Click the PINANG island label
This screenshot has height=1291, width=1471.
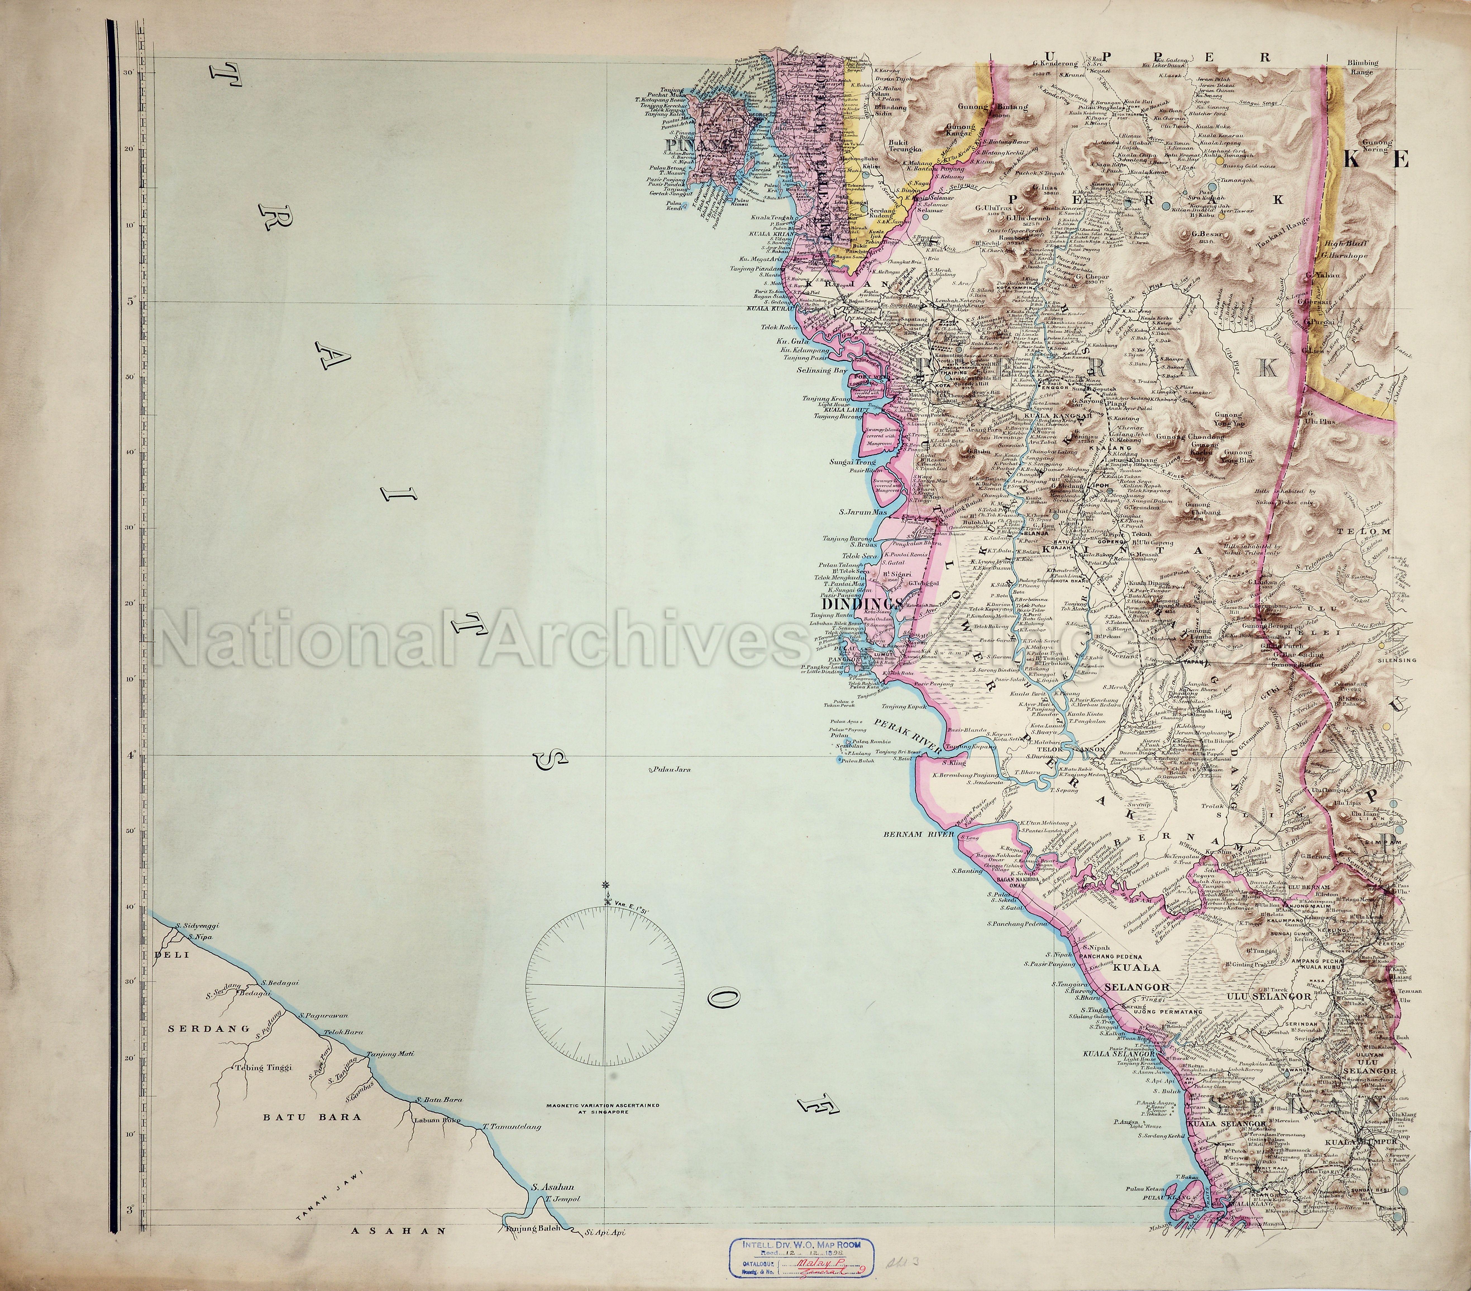686,145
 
